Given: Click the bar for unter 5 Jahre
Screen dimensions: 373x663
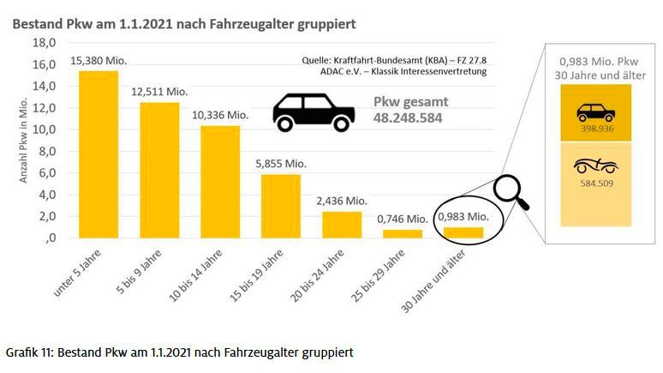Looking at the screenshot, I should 98,154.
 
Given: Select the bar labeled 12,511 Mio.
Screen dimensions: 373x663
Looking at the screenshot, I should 159,170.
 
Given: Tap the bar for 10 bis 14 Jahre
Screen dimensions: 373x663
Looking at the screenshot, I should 220,182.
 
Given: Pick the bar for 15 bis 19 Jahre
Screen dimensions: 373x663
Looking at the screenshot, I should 281,206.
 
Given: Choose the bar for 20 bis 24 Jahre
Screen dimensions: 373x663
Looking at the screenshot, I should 342,224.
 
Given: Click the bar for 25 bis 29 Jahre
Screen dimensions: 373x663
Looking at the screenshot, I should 403,233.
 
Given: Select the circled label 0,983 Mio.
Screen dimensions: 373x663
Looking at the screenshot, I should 463,217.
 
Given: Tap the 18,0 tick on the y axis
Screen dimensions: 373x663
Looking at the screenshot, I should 43,43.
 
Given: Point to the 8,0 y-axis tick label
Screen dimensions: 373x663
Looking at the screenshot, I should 46,151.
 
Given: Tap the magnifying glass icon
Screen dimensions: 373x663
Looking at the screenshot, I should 512,194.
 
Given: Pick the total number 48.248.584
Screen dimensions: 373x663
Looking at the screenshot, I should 408,118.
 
